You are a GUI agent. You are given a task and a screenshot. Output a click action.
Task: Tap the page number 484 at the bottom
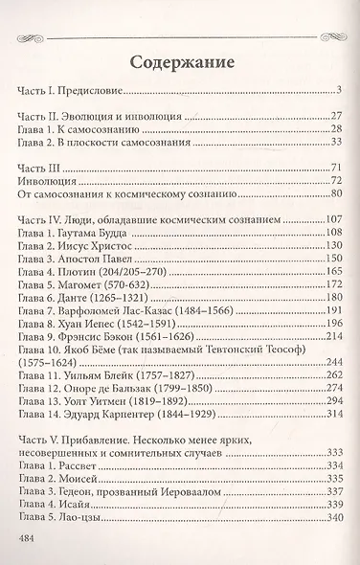(x=29, y=538)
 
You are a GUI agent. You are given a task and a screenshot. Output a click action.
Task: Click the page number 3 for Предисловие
(x=339, y=92)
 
